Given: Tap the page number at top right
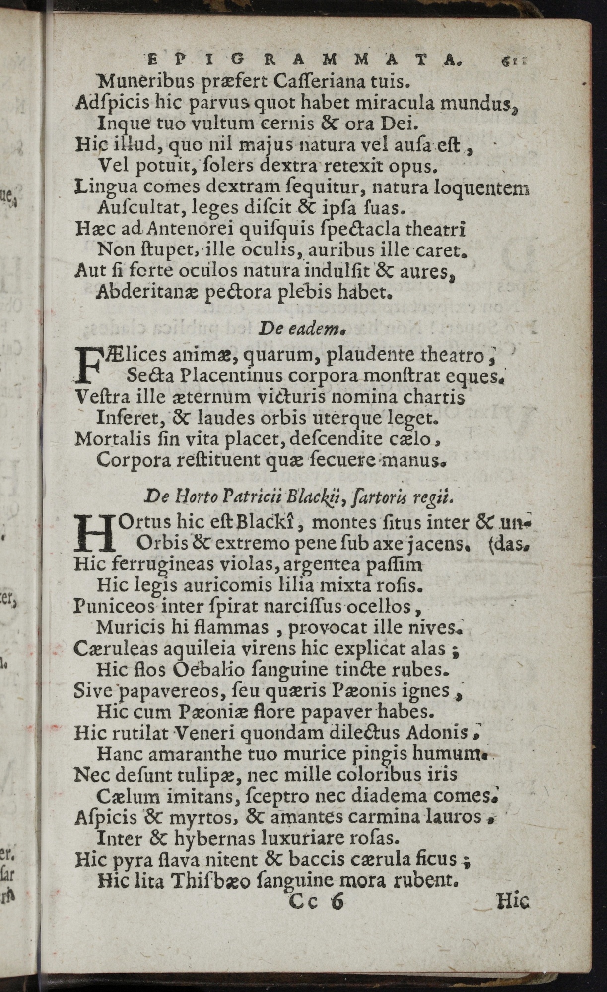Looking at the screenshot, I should tap(513, 61).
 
